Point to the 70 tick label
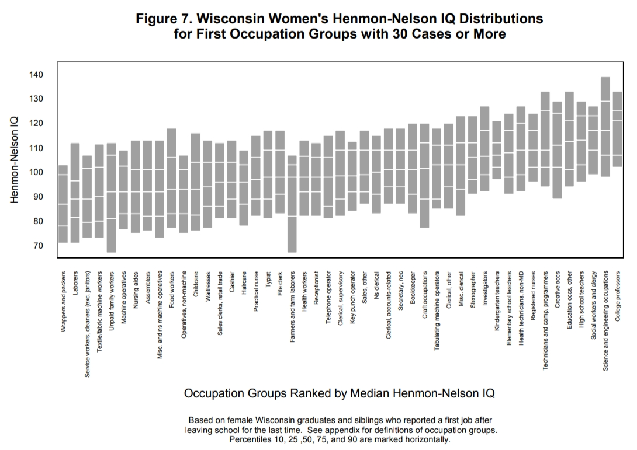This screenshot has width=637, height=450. click(x=39, y=246)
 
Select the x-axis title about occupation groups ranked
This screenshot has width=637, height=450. click(x=339, y=393)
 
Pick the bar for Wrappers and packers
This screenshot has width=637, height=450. click(x=63, y=204)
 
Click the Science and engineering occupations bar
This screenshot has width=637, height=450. click(x=605, y=127)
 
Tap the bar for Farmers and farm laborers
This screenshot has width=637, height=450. click(x=292, y=204)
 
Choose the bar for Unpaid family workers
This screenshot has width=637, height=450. click(x=111, y=197)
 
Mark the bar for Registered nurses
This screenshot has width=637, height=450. click(x=533, y=147)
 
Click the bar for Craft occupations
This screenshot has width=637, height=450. click(x=424, y=176)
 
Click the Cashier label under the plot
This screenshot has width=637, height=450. click(x=232, y=281)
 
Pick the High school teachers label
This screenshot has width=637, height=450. click(x=581, y=295)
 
